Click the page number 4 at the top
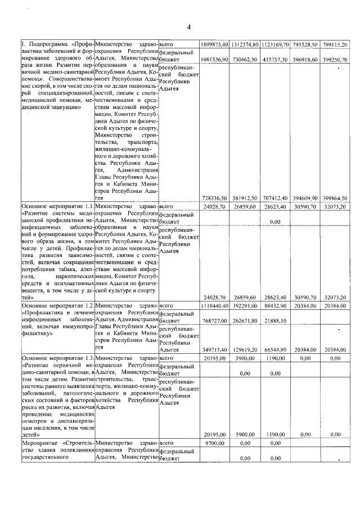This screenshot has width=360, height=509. [189, 27]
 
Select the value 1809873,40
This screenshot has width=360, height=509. [214, 44]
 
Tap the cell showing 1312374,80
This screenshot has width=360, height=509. [245, 44]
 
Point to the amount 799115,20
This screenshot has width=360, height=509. [336, 44]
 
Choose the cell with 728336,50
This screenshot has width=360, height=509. [214, 198]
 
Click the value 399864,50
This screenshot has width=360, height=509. [336, 198]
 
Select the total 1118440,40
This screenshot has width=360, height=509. [214, 305]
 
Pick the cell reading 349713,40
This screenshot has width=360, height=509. [214, 349]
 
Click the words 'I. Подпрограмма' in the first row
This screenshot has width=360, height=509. [38, 44]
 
